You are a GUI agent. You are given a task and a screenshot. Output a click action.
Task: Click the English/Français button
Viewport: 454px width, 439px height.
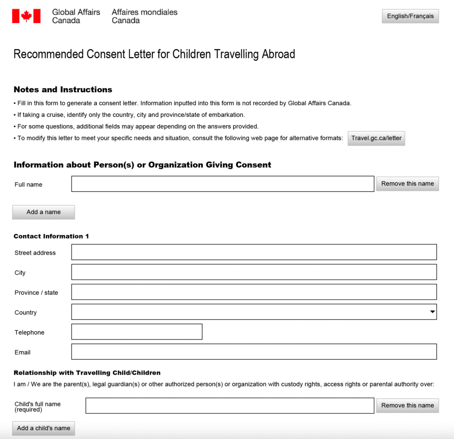click(410, 16)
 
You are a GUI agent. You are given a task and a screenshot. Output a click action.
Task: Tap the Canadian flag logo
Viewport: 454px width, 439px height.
click(26, 16)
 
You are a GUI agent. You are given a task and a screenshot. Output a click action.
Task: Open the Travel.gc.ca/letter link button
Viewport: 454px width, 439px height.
click(376, 138)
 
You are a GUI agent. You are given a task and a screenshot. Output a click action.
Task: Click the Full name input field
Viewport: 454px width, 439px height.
click(223, 184)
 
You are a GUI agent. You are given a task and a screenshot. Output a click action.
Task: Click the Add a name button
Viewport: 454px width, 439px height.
click(43, 212)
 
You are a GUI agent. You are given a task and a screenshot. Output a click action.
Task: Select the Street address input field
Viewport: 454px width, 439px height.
click(254, 252)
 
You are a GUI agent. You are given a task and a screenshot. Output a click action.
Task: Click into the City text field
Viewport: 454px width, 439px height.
click(254, 272)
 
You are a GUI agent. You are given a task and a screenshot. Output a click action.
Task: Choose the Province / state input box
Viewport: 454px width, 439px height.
click(254, 292)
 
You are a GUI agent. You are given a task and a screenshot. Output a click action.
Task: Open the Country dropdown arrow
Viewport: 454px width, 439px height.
click(432, 312)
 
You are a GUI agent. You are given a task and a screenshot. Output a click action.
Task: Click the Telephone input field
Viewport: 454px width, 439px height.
click(137, 332)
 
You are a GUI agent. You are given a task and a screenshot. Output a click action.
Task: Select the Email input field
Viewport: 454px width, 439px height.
click(254, 352)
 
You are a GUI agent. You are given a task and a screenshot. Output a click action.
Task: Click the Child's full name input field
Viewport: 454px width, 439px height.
click(230, 406)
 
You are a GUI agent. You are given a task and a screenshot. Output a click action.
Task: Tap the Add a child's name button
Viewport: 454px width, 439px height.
click(43, 428)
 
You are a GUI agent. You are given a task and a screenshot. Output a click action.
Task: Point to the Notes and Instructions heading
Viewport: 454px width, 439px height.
click(63, 90)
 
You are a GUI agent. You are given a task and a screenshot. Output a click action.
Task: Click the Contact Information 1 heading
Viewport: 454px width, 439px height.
click(51, 236)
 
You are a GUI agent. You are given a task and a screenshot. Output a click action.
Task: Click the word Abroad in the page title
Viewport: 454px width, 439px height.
click(278, 55)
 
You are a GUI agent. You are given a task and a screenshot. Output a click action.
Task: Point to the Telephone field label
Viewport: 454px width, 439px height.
click(29, 333)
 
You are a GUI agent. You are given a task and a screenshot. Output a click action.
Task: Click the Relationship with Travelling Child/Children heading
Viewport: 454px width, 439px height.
click(87, 373)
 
